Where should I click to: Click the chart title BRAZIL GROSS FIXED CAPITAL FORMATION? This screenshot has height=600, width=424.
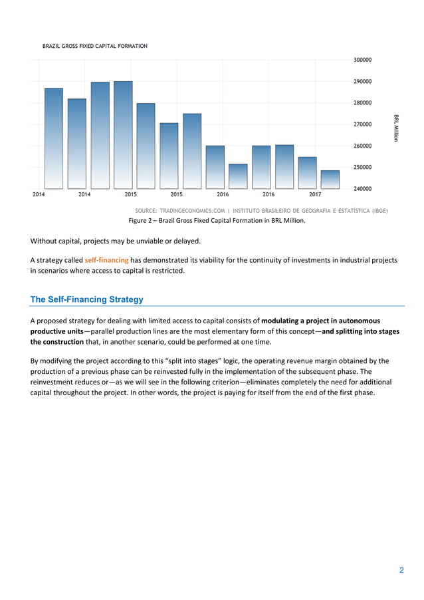click(95, 46)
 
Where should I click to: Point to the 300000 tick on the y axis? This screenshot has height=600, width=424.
click(362, 60)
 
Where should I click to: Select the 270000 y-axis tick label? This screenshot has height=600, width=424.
click(362, 124)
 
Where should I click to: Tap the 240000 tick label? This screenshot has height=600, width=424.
click(362, 188)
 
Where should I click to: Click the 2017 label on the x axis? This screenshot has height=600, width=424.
click(315, 195)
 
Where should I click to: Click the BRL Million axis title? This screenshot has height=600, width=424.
click(396, 126)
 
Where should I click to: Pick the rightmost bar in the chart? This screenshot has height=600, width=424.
click(330, 180)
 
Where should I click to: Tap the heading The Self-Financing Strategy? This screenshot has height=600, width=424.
click(87, 299)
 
